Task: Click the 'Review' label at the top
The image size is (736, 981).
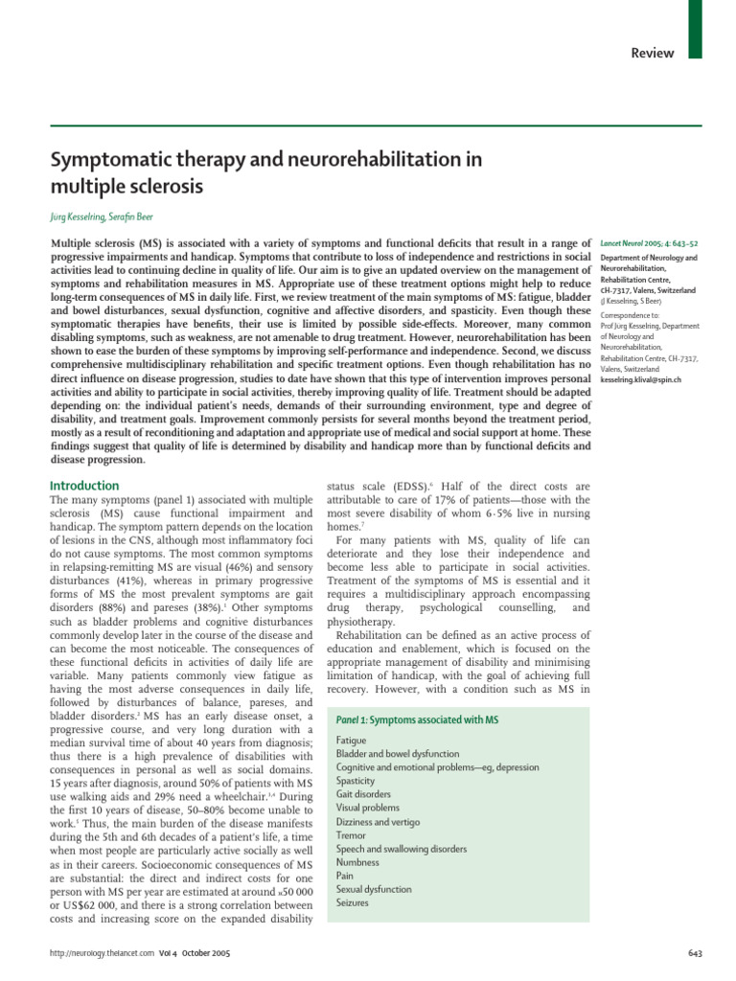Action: point(652,53)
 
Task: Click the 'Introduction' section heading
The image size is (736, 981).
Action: point(84,486)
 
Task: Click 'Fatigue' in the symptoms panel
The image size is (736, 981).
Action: point(352,741)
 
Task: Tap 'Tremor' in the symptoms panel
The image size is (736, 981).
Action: point(352,835)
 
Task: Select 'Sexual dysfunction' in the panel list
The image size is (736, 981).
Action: point(375,889)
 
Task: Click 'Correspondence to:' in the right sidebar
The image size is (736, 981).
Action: point(632,313)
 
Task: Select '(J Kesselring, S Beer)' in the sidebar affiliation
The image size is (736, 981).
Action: point(634,300)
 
